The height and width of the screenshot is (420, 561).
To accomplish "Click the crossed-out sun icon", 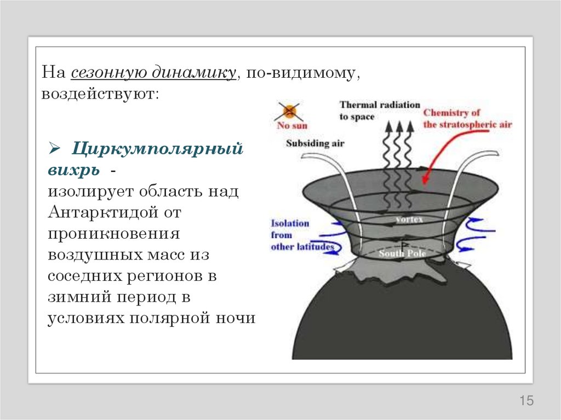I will (289, 112).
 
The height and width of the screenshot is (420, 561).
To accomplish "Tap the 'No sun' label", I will (292, 125).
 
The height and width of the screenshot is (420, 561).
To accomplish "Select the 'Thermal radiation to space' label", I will (379, 110).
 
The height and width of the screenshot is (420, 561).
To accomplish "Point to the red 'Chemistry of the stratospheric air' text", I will (467, 119).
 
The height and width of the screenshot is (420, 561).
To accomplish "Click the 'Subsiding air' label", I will (314, 143).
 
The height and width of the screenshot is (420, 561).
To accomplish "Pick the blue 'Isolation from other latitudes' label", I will (301, 235).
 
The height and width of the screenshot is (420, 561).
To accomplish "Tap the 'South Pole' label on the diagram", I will (398, 254).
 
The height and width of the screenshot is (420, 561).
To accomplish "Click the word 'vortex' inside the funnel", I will (410, 219).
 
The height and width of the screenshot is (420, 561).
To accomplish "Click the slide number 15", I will (526, 401).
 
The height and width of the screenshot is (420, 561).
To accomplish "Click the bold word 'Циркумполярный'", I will (158, 148).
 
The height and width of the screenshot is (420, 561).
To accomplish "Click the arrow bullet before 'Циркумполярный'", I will (54, 148).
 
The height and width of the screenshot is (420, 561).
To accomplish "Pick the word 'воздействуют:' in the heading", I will (100, 94).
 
